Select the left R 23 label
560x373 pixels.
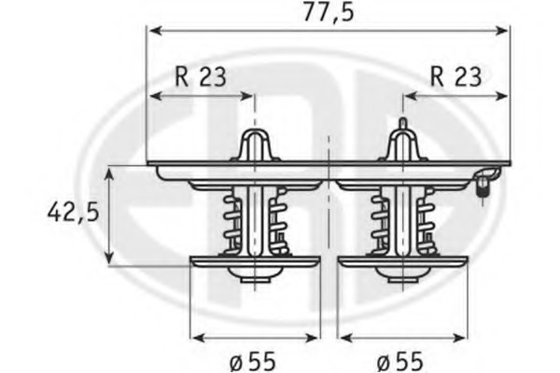(x=200, y=76)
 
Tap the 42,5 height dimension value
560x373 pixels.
(x=74, y=213)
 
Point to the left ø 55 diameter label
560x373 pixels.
(x=249, y=359)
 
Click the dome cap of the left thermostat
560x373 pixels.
(x=255, y=146)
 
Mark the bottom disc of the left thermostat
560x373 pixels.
(x=255, y=260)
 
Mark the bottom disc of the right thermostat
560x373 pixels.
(x=402, y=260)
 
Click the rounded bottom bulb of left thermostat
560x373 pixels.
(x=255, y=275)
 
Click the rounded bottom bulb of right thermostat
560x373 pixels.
(x=402, y=275)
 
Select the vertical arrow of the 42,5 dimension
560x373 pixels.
(x=110, y=214)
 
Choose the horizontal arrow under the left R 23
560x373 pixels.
(x=201, y=96)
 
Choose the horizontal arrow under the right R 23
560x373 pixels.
(x=455, y=96)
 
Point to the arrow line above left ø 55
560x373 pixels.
(x=255, y=335)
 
